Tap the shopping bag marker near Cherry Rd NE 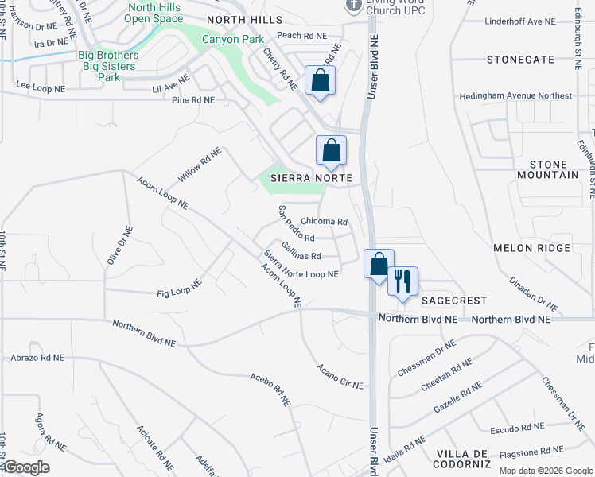tap(320, 81)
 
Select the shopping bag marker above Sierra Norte tap(331, 150)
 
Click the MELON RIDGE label tap(531, 248)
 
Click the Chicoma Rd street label tap(325, 222)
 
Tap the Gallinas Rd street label tap(301, 256)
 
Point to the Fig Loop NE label tap(179, 287)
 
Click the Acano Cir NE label tap(339, 376)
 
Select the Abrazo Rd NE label tap(37, 358)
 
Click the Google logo tap(26, 467)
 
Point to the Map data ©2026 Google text tap(545, 471)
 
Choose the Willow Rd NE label tap(199, 164)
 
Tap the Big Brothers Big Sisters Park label tap(108, 66)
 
